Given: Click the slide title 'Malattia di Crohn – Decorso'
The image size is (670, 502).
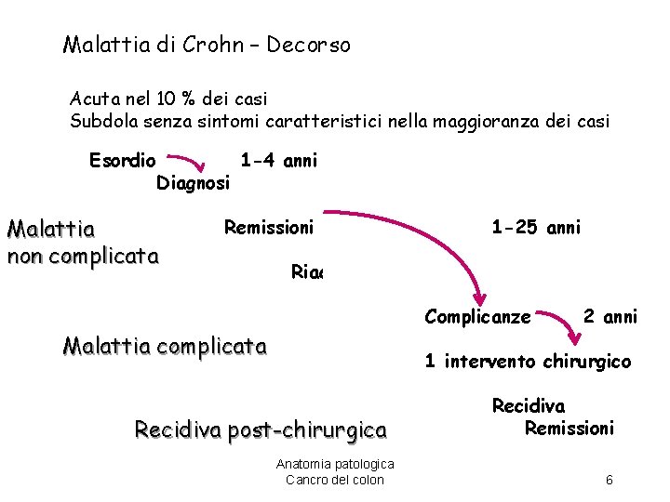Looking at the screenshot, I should point(207,45).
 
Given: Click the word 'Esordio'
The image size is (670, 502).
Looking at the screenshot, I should point(123,161).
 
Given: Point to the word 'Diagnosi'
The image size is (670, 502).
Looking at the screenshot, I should point(193,183).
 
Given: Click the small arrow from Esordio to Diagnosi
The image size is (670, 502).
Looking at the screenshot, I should point(197,163).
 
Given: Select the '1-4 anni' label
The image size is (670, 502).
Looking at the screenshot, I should point(278,160).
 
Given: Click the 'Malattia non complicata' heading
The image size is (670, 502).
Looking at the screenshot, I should point(82,242).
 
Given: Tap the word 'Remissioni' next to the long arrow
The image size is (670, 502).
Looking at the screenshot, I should point(268,226).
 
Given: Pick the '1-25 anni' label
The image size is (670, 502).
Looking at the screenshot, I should point(536,227).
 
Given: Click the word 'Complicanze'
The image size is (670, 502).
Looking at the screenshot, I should point(477,317).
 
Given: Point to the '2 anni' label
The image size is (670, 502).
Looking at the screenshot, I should point(610,317).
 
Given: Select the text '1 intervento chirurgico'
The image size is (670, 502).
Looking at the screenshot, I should point(528,361).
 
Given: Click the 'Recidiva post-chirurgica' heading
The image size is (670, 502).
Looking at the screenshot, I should point(261,429).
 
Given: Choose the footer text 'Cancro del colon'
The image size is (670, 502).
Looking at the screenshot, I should point(334,480).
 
